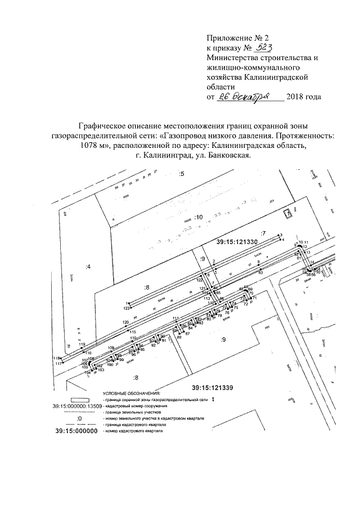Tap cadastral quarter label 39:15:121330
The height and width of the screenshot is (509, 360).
click(237, 241)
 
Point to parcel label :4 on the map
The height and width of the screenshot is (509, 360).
click(88, 267)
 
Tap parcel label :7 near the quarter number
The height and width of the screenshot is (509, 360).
click(262, 232)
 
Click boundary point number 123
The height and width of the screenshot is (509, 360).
click(127, 308)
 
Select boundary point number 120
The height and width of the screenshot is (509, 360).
click(126, 322)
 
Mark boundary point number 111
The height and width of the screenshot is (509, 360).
click(175, 318)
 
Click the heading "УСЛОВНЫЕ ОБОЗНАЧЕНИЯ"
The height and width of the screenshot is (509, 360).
click(131, 393)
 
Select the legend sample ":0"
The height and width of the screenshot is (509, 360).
click(79, 420)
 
